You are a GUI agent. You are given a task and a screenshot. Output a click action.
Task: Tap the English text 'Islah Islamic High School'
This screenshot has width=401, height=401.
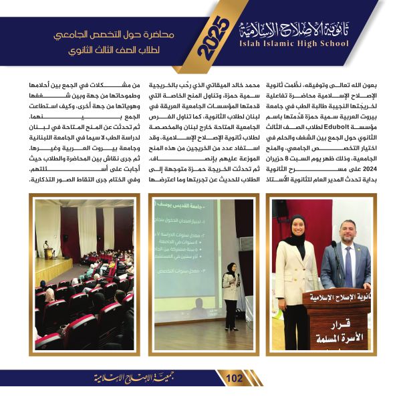click(294, 44)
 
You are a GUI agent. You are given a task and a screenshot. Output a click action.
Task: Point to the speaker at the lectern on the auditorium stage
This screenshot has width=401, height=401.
click(46, 248)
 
